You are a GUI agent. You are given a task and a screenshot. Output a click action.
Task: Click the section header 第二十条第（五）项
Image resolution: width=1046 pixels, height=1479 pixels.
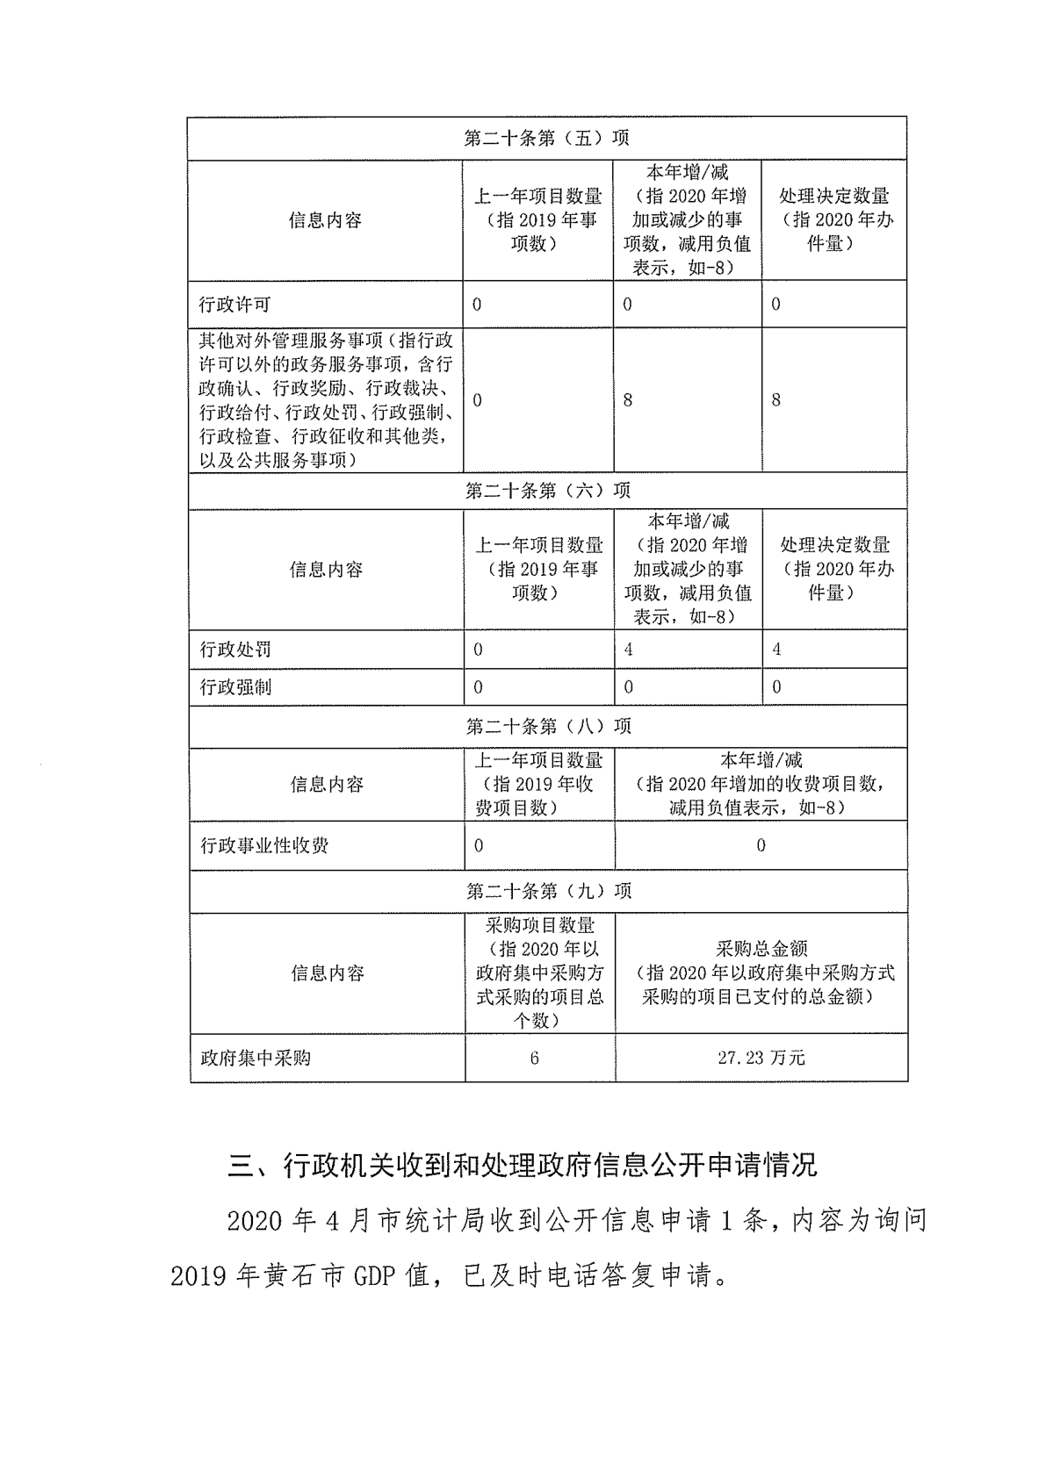pos(546,139)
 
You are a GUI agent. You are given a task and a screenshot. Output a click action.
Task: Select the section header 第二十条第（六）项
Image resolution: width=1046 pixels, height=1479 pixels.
pos(547,491)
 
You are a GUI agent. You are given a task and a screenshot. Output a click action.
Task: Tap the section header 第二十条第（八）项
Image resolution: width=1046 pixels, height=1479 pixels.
pos(548,726)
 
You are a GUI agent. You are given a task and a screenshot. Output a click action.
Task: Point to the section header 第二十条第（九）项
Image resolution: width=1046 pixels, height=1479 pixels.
pos(548,891)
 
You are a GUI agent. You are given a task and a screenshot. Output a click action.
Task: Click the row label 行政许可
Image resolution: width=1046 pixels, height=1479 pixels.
pos(234,305)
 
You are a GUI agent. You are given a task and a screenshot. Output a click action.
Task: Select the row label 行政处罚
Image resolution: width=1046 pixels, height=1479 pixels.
pos(235,650)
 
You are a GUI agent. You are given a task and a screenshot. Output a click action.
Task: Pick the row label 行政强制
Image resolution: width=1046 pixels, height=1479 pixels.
pos(235,686)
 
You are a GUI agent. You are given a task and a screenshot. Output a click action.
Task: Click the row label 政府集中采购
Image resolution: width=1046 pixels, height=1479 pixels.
pos(256,1058)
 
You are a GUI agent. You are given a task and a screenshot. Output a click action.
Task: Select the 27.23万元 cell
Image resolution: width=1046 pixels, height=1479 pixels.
pos(761,1058)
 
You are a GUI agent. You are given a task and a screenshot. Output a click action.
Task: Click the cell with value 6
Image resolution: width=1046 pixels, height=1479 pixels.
pos(534,1058)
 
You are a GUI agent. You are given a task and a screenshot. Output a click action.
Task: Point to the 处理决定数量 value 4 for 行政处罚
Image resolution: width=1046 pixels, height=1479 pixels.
pos(776,650)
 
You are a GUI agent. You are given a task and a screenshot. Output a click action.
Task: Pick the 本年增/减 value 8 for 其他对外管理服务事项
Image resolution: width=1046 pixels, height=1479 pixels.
pos(627,400)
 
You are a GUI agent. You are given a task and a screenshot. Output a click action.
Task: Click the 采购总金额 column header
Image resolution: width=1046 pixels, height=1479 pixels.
pos(761,973)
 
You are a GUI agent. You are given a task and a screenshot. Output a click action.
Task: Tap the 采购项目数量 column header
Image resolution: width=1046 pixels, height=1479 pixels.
pos(539,973)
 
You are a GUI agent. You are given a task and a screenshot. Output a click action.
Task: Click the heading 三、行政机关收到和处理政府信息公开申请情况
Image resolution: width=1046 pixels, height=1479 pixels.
pos(522,1165)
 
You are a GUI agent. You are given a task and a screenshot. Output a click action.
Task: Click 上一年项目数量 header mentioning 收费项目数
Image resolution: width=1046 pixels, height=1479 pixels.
pos(538,784)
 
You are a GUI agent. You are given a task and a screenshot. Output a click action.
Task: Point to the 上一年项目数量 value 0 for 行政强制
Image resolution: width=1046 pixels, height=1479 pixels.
pos(478,686)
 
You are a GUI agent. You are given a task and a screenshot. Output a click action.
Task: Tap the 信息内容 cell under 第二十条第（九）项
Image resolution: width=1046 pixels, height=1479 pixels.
pos(327,973)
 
